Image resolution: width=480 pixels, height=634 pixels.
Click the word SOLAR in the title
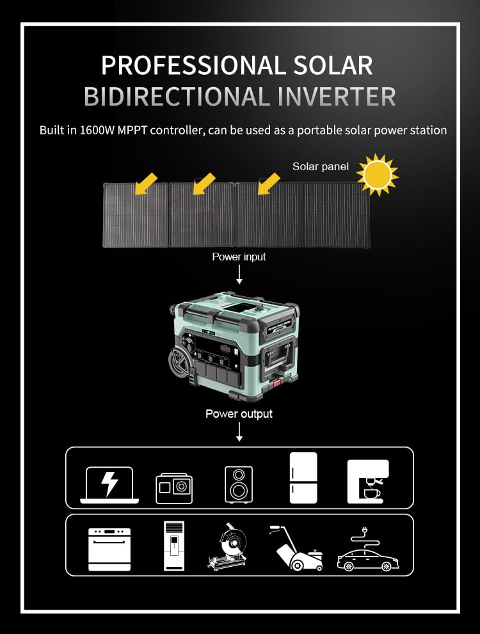(332, 65)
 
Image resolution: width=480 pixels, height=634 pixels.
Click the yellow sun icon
(378, 175)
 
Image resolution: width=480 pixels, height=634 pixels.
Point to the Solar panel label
(320, 166)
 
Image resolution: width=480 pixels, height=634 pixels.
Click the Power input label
(239, 257)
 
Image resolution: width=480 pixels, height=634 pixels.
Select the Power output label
(239, 414)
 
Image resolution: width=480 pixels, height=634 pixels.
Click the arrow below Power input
(239, 274)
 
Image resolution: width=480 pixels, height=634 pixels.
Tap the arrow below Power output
(239, 432)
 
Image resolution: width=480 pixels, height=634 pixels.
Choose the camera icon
(174, 488)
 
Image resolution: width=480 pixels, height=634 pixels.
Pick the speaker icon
(239, 484)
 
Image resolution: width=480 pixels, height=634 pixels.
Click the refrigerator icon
(303, 477)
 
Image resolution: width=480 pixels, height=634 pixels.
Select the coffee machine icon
(367, 481)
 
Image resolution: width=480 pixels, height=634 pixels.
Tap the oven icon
(109, 549)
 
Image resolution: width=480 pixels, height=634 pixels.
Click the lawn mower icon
(297, 549)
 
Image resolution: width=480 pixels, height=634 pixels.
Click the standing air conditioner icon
(174, 546)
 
